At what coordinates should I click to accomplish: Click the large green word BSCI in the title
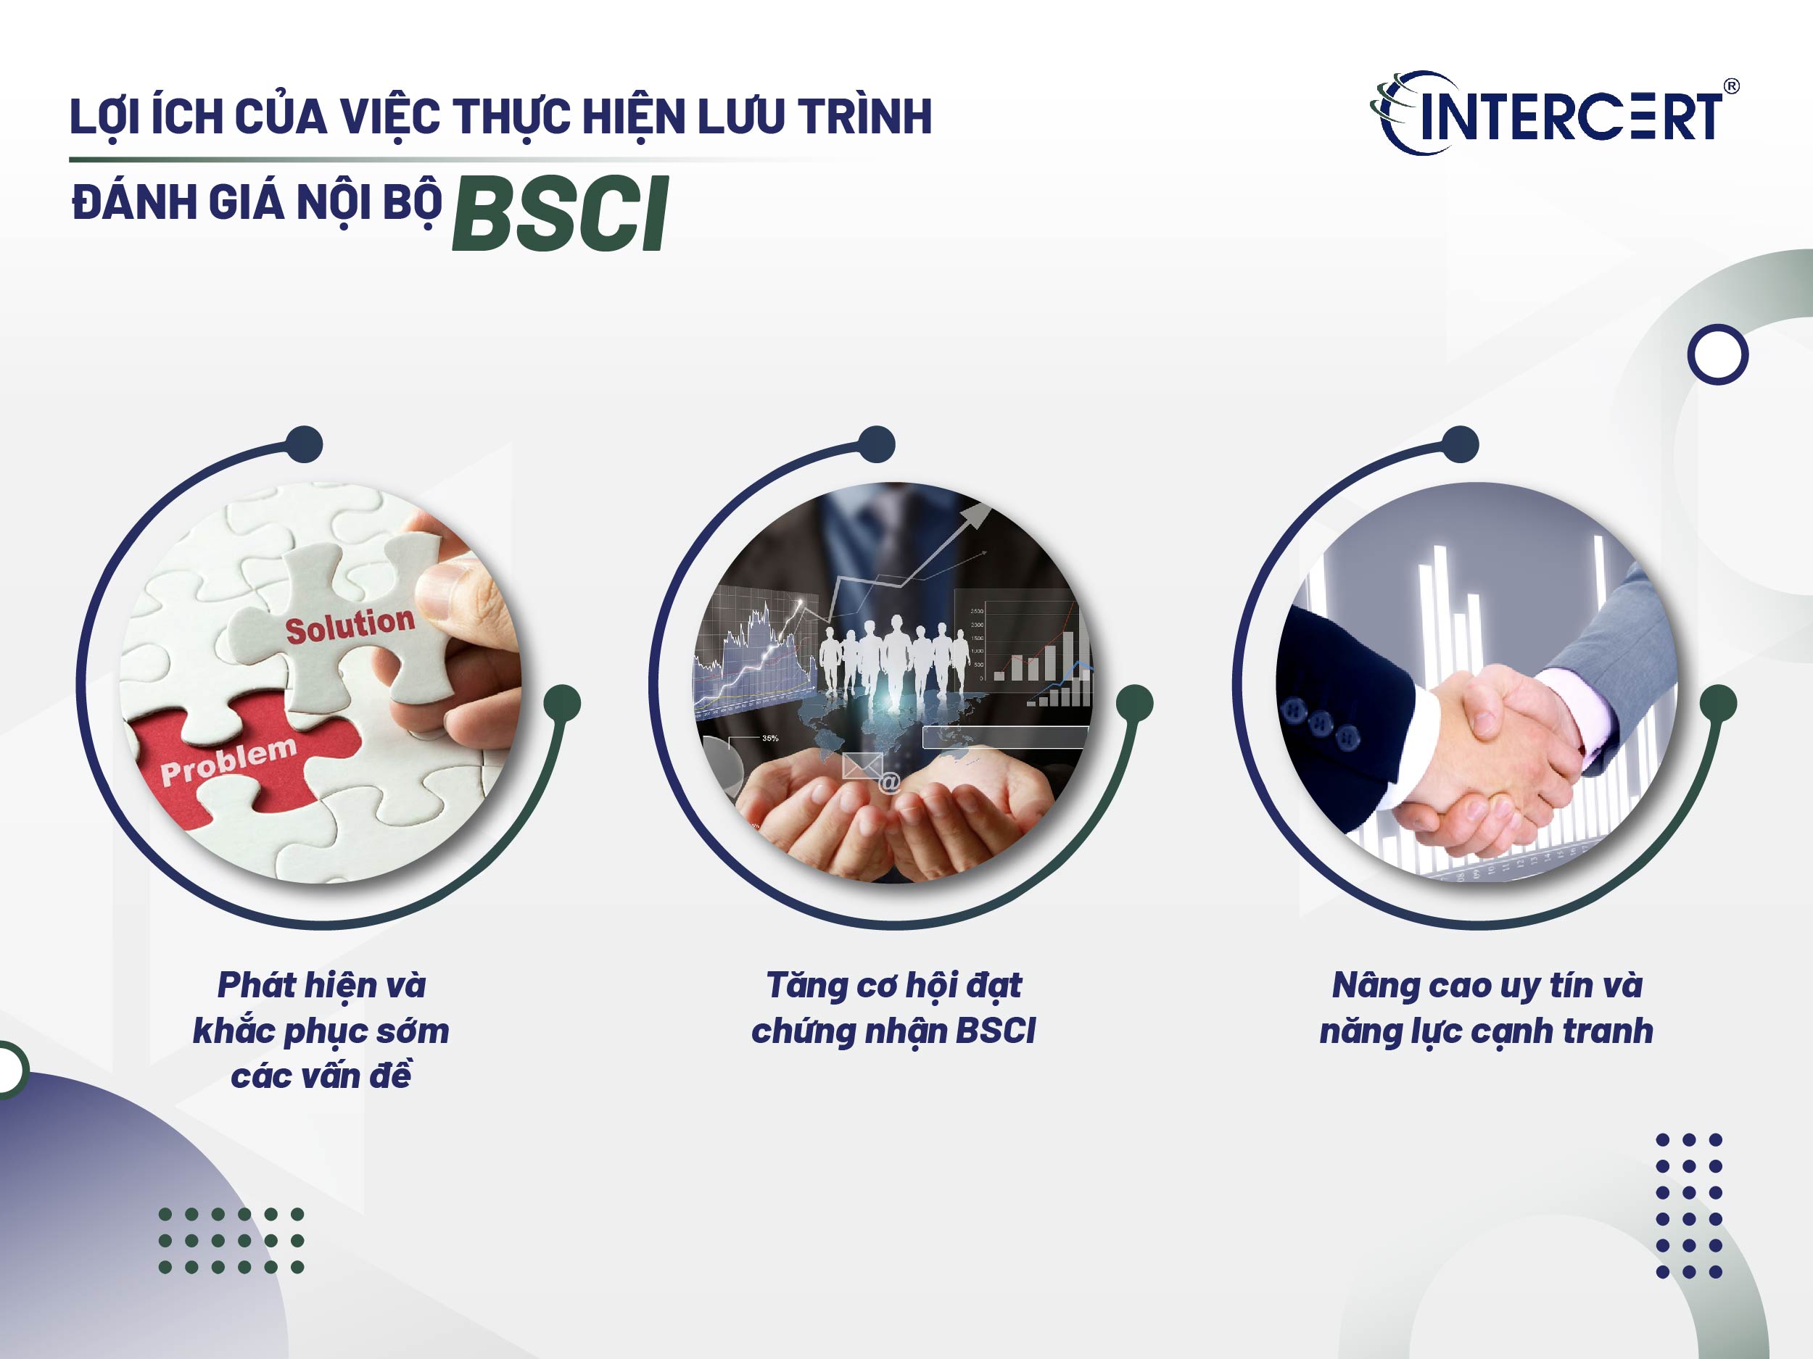560,215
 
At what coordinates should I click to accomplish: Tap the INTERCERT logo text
1569,117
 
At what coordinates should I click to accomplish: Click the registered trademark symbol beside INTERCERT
1731,86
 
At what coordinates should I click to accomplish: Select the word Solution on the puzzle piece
350,625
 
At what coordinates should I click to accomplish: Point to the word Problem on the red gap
228,760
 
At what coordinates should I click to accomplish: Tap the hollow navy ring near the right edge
1717,354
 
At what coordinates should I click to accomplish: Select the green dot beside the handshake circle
1718,704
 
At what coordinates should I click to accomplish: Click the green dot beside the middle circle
1134,704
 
